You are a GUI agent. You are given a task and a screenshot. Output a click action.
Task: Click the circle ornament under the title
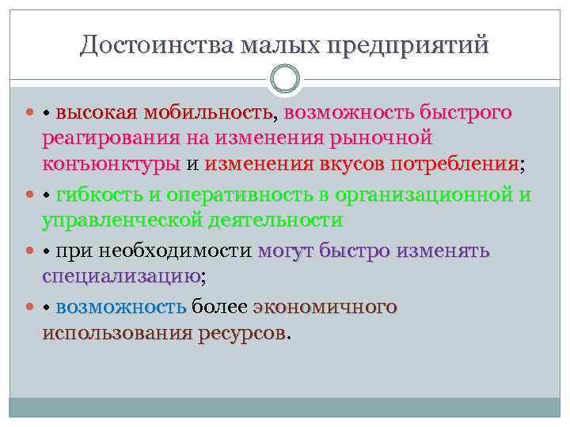[285, 79]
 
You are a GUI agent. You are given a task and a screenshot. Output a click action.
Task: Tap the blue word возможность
[120, 307]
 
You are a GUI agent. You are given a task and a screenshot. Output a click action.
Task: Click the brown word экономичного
[325, 307]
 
